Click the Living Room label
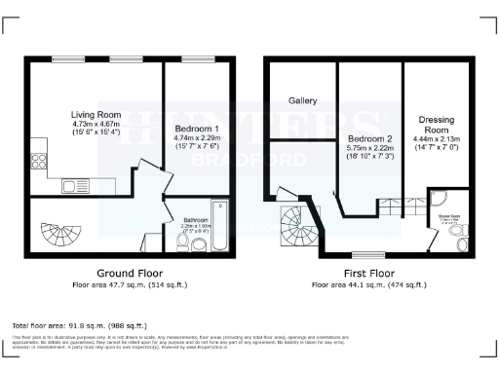[96, 114]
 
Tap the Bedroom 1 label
[197, 129]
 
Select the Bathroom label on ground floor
[196, 221]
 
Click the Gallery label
[302, 100]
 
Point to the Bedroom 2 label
[369, 139]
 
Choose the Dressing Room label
[436, 125]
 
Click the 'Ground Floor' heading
[130, 274]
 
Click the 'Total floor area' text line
[79, 324]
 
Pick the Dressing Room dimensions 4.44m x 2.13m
[436, 139]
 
